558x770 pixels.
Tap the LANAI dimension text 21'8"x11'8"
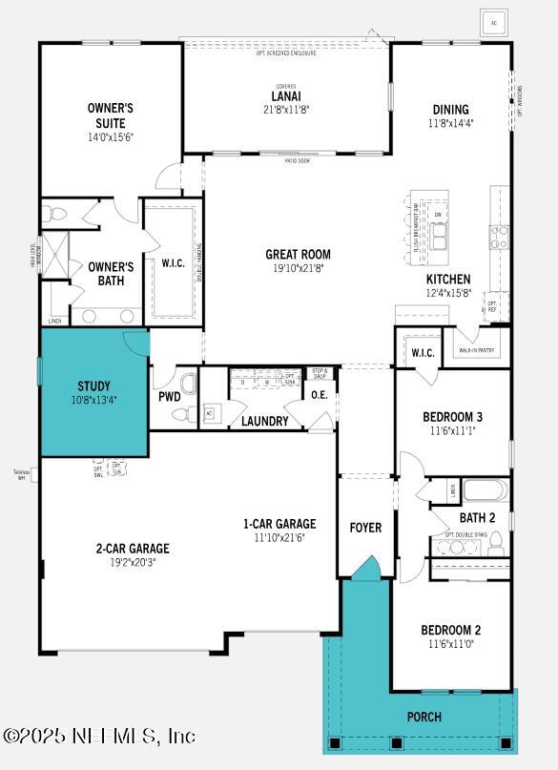[286, 110]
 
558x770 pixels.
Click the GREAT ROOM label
[298, 255]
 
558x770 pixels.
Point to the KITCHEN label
[448, 280]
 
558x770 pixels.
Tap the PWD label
[170, 397]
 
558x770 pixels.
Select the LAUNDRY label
[264, 421]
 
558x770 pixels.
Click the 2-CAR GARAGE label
[133, 549]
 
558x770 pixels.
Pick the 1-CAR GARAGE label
[279, 524]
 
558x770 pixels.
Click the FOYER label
[365, 528]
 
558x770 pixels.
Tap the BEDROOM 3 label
[452, 417]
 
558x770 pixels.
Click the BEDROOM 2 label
[450, 631]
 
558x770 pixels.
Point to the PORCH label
[424, 717]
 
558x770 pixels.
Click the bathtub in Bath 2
[486, 493]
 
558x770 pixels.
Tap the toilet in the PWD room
[188, 385]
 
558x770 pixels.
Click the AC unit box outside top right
[493, 22]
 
